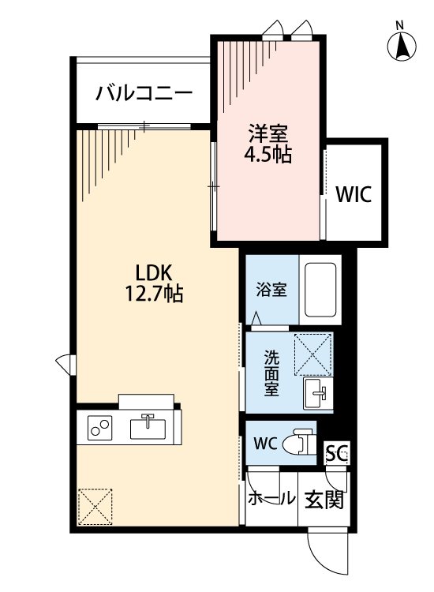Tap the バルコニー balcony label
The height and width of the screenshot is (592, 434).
coord(144,94)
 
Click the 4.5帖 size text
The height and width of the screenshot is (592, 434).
coord(266,155)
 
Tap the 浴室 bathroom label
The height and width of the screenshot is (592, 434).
coord(271,290)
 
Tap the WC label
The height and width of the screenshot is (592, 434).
coord(265,443)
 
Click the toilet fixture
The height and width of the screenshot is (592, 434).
coord(298,442)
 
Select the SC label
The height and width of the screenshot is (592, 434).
coord(337,454)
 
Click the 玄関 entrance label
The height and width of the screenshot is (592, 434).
coord(324,500)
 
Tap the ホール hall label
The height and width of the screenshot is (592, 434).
coord(271,500)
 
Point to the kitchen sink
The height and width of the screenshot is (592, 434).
coord(148,427)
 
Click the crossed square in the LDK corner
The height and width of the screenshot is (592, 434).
coord(95,506)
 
